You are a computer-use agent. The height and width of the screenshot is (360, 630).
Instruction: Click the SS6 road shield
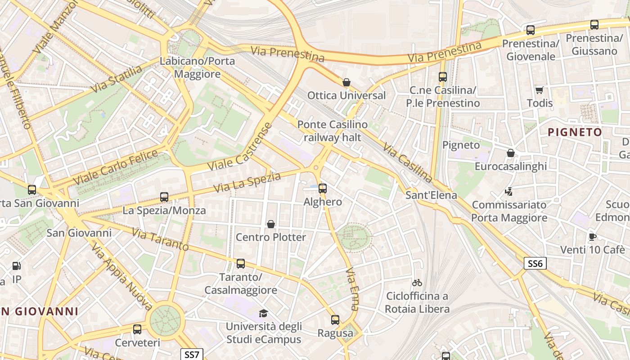point(535,263)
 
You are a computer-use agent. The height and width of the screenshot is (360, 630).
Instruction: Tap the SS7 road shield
point(192,354)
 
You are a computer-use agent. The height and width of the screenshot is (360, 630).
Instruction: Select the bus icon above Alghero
point(323,189)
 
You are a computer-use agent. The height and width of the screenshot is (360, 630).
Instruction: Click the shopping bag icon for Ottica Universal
point(346,82)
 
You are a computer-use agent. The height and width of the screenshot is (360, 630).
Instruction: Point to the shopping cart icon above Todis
point(539,90)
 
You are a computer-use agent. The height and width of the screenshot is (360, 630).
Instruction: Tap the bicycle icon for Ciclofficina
point(417,283)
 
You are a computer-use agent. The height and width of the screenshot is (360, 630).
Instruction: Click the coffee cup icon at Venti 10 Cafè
point(592,237)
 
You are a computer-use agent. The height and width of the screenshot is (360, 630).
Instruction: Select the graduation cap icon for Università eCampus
point(263,313)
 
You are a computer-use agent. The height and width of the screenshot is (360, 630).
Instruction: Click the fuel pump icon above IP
point(17,266)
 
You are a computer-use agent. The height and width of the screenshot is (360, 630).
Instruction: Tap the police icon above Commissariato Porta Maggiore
point(509,192)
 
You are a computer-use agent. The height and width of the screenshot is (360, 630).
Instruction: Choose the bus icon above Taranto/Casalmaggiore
point(241,264)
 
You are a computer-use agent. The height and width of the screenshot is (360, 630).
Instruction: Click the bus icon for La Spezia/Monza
point(164,197)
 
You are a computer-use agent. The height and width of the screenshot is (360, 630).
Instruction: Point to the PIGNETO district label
point(575,132)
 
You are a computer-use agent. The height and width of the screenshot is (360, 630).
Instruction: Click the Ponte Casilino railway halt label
point(332,130)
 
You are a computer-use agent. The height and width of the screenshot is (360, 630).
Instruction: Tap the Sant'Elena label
point(431,195)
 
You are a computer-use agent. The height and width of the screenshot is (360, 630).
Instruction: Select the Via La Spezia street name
point(247,182)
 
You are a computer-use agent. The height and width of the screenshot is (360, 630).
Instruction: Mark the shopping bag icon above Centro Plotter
point(271,224)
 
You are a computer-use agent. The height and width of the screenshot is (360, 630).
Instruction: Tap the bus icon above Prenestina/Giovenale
point(531,31)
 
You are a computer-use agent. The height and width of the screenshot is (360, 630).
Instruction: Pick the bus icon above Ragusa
point(335,320)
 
